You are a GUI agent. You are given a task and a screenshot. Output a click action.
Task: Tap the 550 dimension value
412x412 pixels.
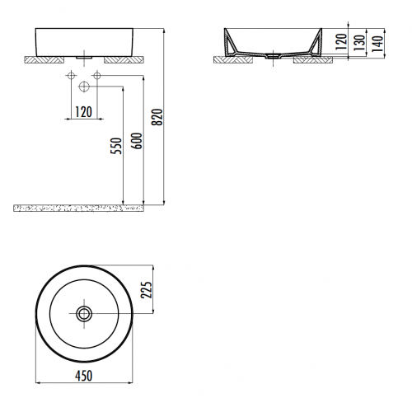(x=117, y=145)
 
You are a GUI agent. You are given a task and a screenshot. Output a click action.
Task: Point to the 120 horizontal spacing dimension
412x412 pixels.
(x=82, y=111)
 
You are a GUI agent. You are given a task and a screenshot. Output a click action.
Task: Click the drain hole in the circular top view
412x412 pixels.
(x=82, y=313)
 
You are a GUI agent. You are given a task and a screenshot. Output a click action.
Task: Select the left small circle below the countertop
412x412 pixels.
(x=68, y=76)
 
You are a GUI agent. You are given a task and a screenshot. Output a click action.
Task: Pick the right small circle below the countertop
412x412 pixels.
(x=97, y=76)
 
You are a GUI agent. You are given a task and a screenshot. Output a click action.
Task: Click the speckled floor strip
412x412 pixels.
(x=78, y=207)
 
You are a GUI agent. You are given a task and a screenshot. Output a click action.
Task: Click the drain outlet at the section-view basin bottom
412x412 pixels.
(x=272, y=58)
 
